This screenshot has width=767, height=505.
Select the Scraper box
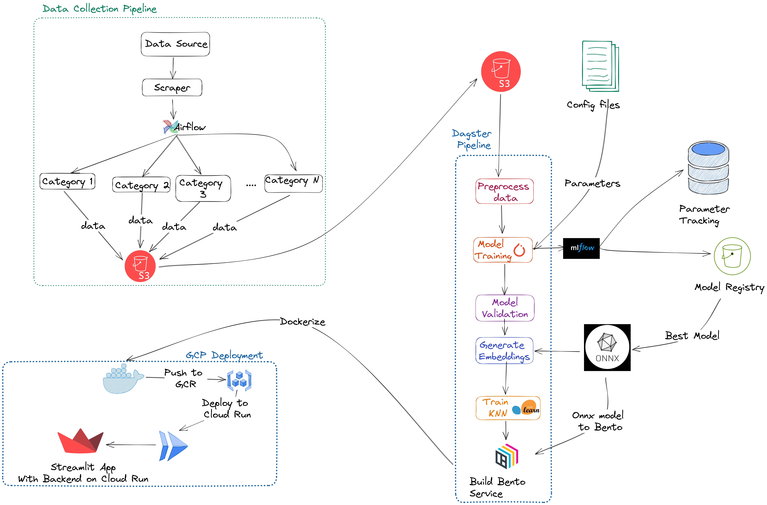172,87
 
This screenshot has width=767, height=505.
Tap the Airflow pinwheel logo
170,127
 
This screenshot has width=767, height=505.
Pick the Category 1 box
67,181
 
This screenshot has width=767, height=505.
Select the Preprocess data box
504,191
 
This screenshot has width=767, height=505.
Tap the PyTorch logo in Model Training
519,250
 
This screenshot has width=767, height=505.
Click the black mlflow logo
581,248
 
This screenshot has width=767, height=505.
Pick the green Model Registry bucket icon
732,256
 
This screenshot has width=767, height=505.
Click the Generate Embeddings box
504,351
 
